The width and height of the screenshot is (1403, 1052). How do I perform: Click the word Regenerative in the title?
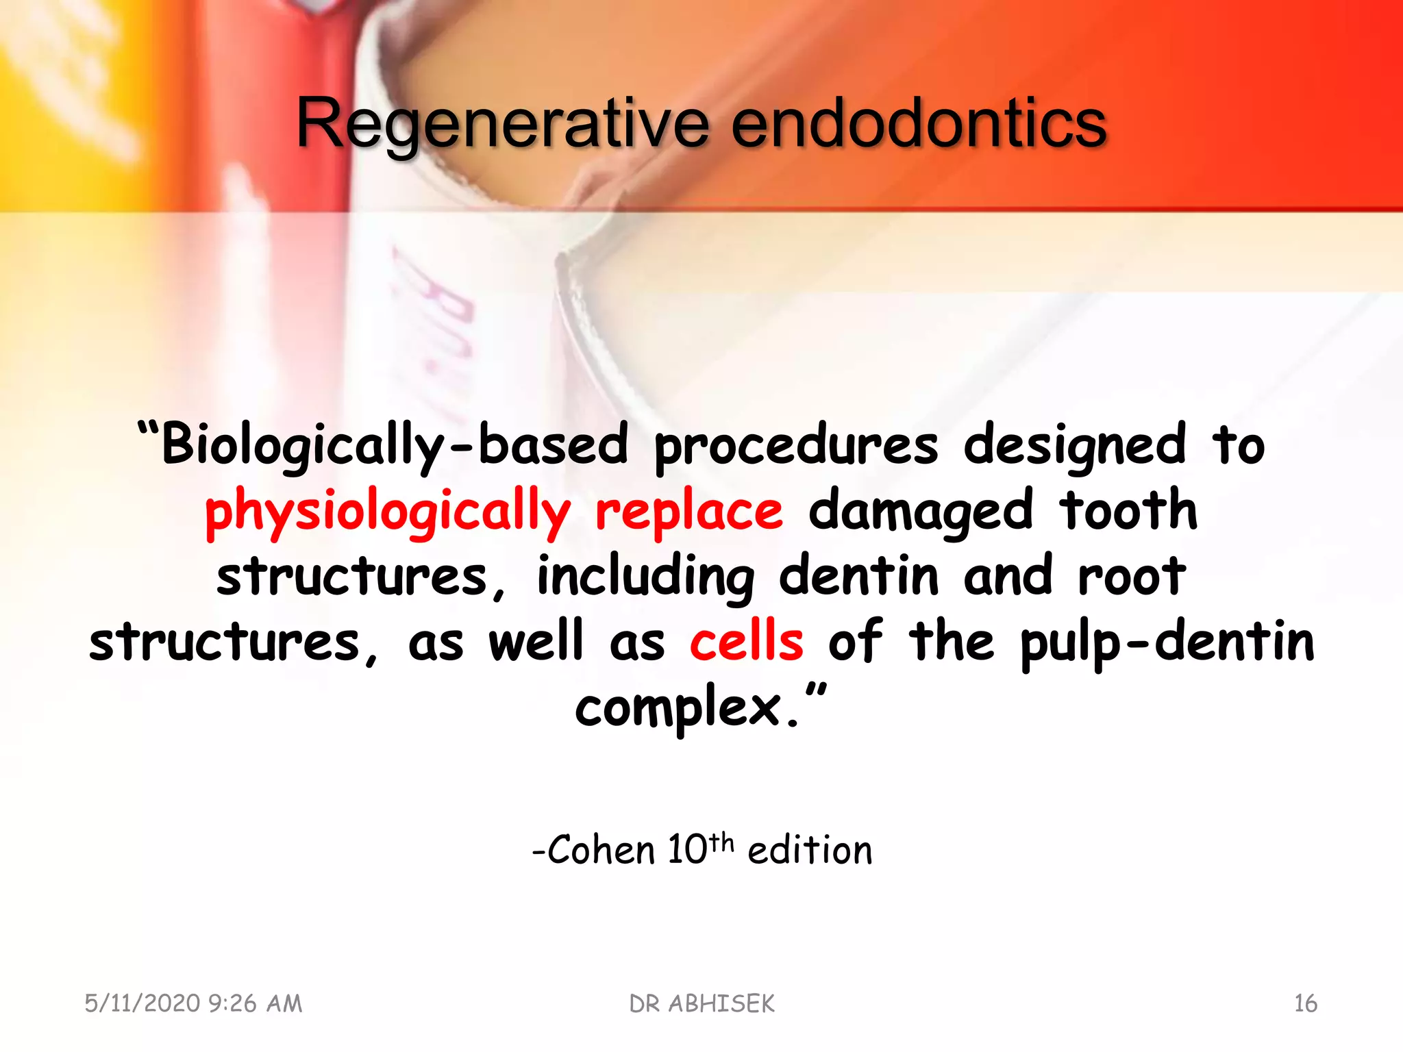click(502, 124)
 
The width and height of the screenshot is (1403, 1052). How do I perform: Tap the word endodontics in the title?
click(919, 124)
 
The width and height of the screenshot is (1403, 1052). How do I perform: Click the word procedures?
click(796, 445)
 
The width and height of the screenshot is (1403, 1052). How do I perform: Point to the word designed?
click(1074, 445)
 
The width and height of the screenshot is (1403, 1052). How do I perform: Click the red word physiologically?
click(388, 511)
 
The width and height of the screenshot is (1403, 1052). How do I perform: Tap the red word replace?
click(688, 511)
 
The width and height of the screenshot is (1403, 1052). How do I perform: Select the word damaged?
click(920, 511)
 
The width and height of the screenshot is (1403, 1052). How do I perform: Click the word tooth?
click(1128, 510)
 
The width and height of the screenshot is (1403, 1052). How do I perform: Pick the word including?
click(645, 577)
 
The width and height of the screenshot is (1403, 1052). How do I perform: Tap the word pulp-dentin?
click(1167, 642)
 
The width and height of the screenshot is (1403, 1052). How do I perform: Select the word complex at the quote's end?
click(678, 708)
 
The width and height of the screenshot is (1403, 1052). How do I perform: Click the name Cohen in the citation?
click(600, 851)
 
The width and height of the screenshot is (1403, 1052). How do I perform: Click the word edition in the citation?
click(810, 851)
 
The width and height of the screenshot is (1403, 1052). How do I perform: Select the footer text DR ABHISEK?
click(701, 1004)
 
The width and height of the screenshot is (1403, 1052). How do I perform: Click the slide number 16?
click(1305, 1004)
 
